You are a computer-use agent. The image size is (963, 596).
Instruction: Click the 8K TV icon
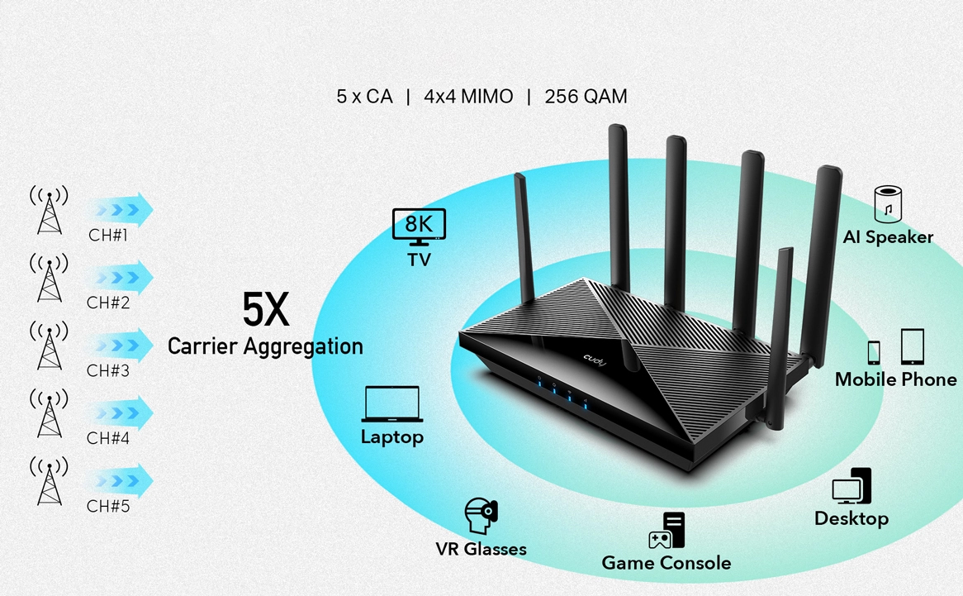[x=419, y=226]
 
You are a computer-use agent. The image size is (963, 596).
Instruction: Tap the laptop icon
[x=392, y=404]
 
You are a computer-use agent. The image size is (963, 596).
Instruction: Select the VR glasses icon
[x=481, y=516]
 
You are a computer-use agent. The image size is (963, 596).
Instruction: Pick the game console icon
[x=667, y=531]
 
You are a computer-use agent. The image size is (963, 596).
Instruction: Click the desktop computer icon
[x=852, y=487]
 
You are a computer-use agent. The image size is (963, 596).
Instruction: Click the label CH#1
[x=108, y=236]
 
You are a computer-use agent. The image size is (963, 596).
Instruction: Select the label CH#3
[x=108, y=371]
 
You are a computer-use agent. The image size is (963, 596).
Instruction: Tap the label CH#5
[x=108, y=506]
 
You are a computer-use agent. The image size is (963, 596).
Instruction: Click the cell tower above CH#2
[x=49, y=278]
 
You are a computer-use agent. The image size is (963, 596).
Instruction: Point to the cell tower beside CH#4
[x=49, y=412]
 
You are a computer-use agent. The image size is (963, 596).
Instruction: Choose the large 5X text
[x=266, y=309]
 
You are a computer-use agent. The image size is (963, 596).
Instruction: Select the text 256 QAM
[x=586, y=97]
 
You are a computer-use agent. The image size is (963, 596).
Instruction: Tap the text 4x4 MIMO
[x=468, y=97]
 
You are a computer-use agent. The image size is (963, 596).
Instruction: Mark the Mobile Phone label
[x=895, y=379]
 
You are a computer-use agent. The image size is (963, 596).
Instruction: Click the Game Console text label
[x=666, y=563]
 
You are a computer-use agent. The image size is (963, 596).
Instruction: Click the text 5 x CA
[x=364, y=97]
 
